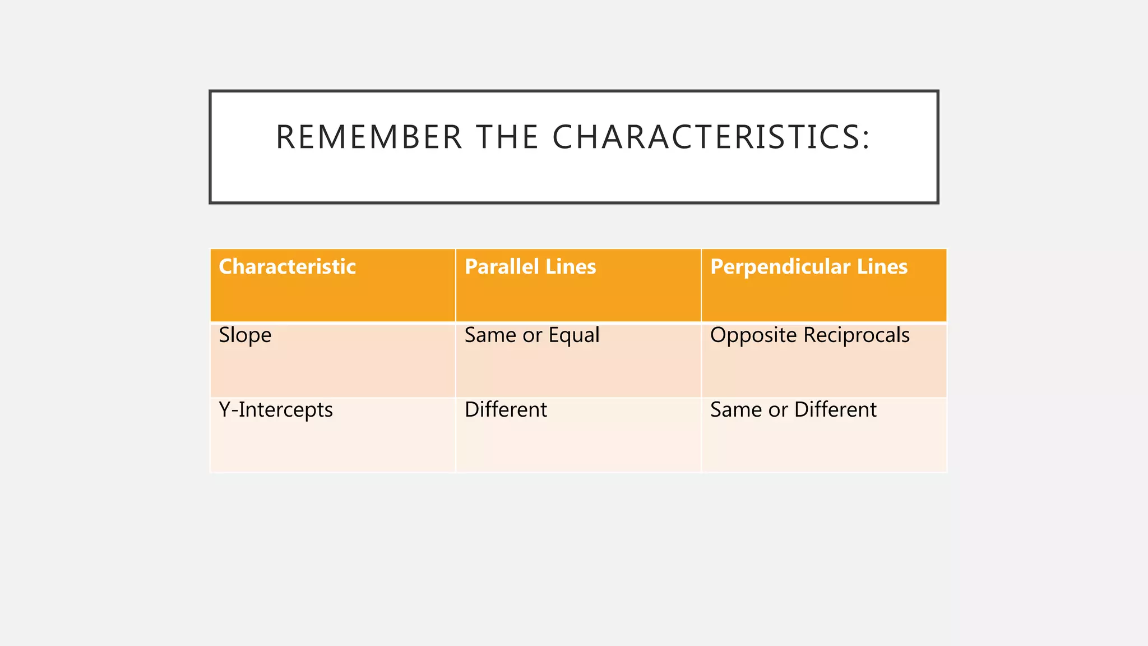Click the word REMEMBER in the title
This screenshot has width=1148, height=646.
tap(369, 137)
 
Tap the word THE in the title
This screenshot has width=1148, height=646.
tap(507, 137)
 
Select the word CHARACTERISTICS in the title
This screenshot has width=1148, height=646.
tap(706, 137)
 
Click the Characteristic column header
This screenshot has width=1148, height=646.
tap(287, 267)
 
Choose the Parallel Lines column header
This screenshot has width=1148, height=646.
tap(530, 267)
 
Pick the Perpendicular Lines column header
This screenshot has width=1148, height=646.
tap(808, 267)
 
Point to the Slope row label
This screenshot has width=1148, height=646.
tap(245, 335)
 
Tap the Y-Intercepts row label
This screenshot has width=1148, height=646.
tap(276, 410)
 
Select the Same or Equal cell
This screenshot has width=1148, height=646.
tap(532, 335)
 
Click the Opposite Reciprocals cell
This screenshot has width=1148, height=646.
tap(809, 335)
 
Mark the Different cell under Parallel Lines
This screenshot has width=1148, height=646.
tap(506, 410)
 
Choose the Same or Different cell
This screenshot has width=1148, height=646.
tap(793, 410)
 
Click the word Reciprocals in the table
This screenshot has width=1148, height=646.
tap(857, 335)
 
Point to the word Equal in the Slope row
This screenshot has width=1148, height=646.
tap(574, 335)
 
